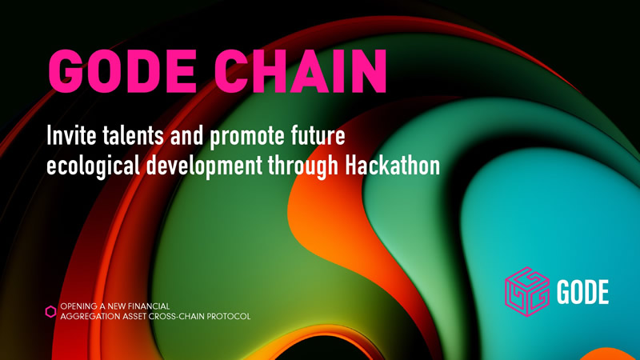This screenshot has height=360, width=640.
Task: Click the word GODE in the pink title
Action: [x=123, y=71]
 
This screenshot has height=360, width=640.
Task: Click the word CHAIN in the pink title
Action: [x=301, y=71]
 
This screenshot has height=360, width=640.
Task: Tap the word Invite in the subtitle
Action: [x=71, y=135]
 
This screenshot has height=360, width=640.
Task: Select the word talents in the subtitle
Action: [x=133, y=135]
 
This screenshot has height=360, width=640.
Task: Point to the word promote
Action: [x=247, y=137]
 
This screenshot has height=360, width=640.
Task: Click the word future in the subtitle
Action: [x=318, y=135]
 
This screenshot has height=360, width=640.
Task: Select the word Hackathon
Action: [x=393, y=166]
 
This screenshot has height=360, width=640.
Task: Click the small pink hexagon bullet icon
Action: [x=50, y=311]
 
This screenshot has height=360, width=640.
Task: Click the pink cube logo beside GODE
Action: [x=527, y=291]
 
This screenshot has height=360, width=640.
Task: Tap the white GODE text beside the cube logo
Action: [x=582, y=292]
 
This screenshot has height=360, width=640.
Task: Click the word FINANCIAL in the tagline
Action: [x=149, y=306]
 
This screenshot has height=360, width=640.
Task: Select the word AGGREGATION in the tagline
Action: [x=86, y=316]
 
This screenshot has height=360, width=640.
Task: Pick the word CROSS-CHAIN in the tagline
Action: [x=177, y=316]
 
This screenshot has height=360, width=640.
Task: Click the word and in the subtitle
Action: [x=187, y=135]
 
